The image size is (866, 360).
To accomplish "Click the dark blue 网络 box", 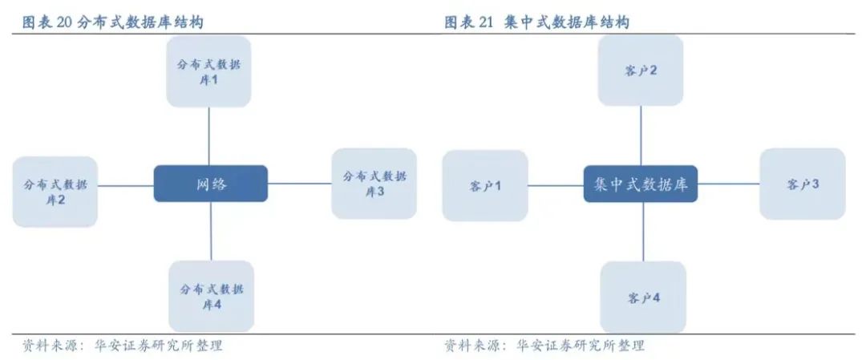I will (211, 184).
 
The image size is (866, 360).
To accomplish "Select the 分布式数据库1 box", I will (208, 71).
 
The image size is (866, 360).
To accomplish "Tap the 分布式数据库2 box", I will (55, 191).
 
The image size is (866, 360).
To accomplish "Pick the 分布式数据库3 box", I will (374, 184).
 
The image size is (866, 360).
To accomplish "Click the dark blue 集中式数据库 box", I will (641, 184).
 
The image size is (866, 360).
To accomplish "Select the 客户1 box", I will (485, 186).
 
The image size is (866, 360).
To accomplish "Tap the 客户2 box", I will (641, 71).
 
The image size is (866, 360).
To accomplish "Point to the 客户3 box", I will (803, 184).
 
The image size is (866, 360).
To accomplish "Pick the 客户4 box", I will (643, 297).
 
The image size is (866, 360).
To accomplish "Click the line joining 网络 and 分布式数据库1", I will (209, 136).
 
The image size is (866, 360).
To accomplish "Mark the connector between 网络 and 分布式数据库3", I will (300, 184).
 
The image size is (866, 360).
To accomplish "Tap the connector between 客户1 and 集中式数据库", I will (556, 185).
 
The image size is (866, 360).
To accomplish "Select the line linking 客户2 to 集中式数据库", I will (641, 136).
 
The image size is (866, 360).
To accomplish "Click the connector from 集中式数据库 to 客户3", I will (728, 184).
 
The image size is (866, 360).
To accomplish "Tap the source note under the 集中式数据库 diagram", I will (544, 346).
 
